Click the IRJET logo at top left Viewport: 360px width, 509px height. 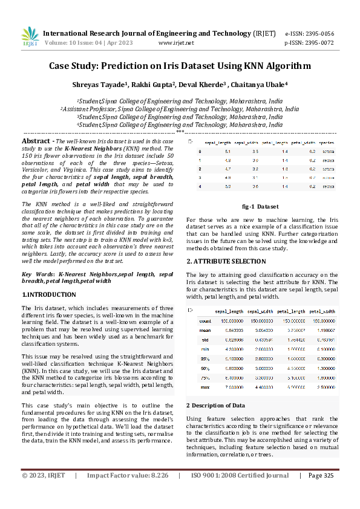[x=30, y=37]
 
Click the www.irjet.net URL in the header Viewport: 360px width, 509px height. [x=175, y=44]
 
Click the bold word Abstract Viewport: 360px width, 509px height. [x=37, y=140]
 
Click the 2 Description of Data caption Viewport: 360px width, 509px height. [x=215, y=405]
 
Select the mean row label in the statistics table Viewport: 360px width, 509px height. [x=205, y=331]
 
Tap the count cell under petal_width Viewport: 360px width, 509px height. [x=322, y=321]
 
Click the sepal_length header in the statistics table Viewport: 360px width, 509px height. [x=229, y=311]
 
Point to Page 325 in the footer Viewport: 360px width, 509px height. [x=321, y=492]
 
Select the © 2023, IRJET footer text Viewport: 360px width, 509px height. [x=44, y=492]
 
